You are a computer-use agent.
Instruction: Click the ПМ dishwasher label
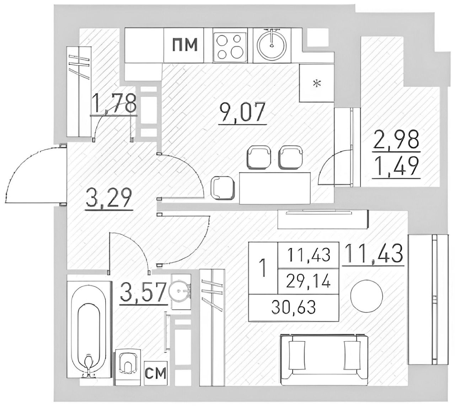click(x=184, y=45)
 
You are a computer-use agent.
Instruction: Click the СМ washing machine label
click(x=156, y=373)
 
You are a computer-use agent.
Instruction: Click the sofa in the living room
click(x=324, y=359)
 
